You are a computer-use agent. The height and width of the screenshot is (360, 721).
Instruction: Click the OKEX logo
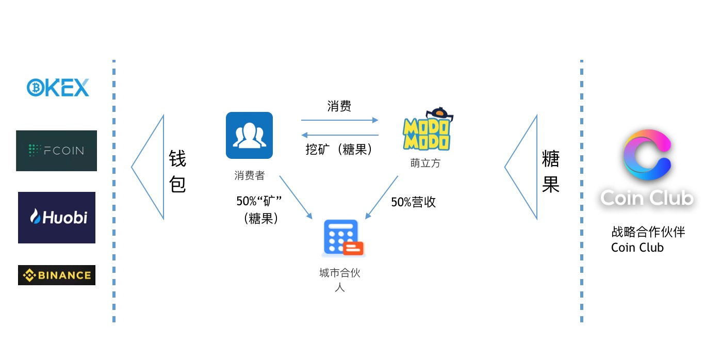58,88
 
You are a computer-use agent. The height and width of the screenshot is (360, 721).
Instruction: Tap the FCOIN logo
56,151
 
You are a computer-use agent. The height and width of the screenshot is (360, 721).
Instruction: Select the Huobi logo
57,217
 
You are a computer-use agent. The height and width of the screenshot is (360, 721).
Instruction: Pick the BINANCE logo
57,275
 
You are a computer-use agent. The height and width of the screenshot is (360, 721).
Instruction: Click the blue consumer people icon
249,135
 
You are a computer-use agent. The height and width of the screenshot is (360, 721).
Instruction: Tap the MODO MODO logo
427,130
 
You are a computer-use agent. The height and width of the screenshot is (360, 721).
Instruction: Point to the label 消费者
249,176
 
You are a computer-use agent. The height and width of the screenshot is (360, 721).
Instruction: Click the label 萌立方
425,163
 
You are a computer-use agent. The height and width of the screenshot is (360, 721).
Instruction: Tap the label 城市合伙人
339,280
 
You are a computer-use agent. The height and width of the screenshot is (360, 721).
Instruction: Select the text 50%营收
413,202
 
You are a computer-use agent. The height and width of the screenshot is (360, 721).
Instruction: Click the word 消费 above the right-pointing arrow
339,106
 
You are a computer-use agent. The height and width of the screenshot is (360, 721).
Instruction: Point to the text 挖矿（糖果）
339,150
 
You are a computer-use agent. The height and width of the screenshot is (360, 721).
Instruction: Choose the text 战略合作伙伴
648,232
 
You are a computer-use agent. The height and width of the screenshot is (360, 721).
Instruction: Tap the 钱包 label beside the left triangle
177,171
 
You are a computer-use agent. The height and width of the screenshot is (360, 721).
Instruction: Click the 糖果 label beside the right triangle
550,171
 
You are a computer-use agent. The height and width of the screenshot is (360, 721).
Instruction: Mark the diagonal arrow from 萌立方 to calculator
382,197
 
